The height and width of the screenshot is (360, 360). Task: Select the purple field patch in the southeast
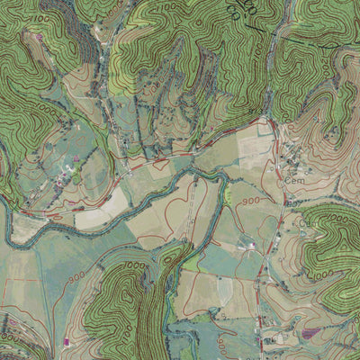pos(310,333)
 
